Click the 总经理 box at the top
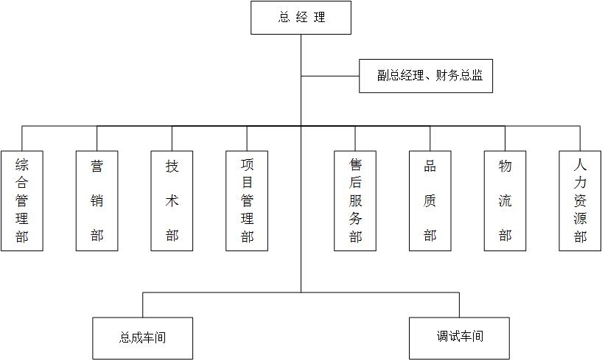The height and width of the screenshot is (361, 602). coord(301,18)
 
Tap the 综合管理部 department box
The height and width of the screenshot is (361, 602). coord(21,200)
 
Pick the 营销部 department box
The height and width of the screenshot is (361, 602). coord(97,200)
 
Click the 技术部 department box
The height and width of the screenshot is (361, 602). coord(172,200)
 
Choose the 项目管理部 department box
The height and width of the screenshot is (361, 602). coord(247,200)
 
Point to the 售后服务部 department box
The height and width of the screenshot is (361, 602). coord(355,200)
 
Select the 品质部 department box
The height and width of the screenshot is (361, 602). coord(430,200)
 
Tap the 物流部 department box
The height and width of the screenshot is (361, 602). coord(505,200)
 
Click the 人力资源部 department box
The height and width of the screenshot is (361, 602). coord(580,200)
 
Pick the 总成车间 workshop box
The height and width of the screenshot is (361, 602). coord(143,338)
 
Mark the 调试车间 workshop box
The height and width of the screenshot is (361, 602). coord(459,337)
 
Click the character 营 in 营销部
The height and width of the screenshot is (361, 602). coord(97,167)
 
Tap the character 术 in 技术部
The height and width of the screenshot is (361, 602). coord(172,200)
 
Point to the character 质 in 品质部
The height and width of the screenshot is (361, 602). coord(430,201)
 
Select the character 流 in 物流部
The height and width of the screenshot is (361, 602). coord(505,201)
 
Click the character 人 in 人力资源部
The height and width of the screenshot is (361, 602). coord(581,167)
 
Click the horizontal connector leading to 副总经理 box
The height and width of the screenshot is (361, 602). coord(330,76)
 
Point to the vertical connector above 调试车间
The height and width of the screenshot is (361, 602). coord(459,305)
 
